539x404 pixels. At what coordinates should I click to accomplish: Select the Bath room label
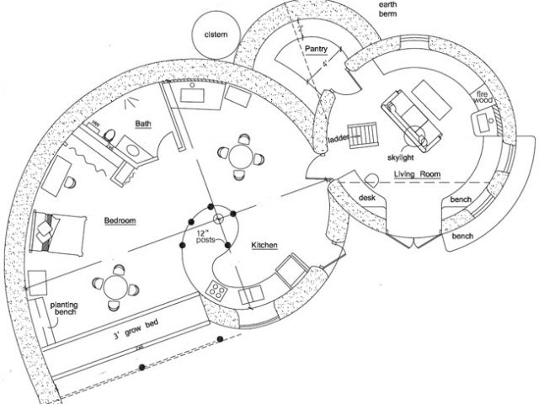point(143,125)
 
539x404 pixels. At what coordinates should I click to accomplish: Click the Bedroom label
point(120,221)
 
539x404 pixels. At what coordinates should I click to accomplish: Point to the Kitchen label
point(266,245)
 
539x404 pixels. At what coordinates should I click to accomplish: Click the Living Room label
point(418,174)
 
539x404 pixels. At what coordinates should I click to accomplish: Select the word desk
point(366,197)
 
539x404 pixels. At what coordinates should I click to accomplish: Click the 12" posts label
point(205,236)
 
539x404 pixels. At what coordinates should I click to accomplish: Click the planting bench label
point(64,309)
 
